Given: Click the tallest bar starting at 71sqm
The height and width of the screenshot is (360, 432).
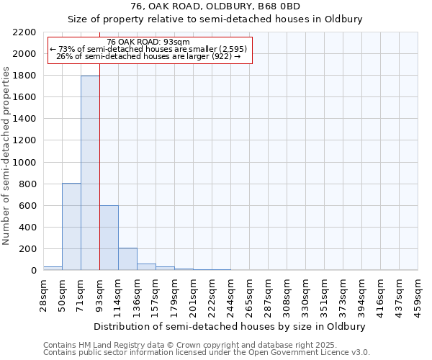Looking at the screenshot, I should click(x=90, y=173).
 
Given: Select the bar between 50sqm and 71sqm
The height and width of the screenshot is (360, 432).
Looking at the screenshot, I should click(x=71, y=227).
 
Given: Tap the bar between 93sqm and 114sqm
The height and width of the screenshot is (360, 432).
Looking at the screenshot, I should click(x=109, y=238).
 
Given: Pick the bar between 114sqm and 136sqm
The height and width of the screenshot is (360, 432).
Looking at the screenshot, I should click(x=127, y=259).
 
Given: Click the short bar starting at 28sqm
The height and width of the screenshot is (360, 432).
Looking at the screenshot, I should click(x=53, y=268).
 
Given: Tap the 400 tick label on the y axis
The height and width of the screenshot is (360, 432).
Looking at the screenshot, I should click(x=28, y=228).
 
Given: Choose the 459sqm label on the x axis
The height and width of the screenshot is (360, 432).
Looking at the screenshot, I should click(x=418, y=293).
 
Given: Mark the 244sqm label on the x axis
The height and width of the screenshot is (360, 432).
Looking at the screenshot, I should click(x=230, y=293).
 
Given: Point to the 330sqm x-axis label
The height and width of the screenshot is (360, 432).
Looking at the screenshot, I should click(x=305, y=293).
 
